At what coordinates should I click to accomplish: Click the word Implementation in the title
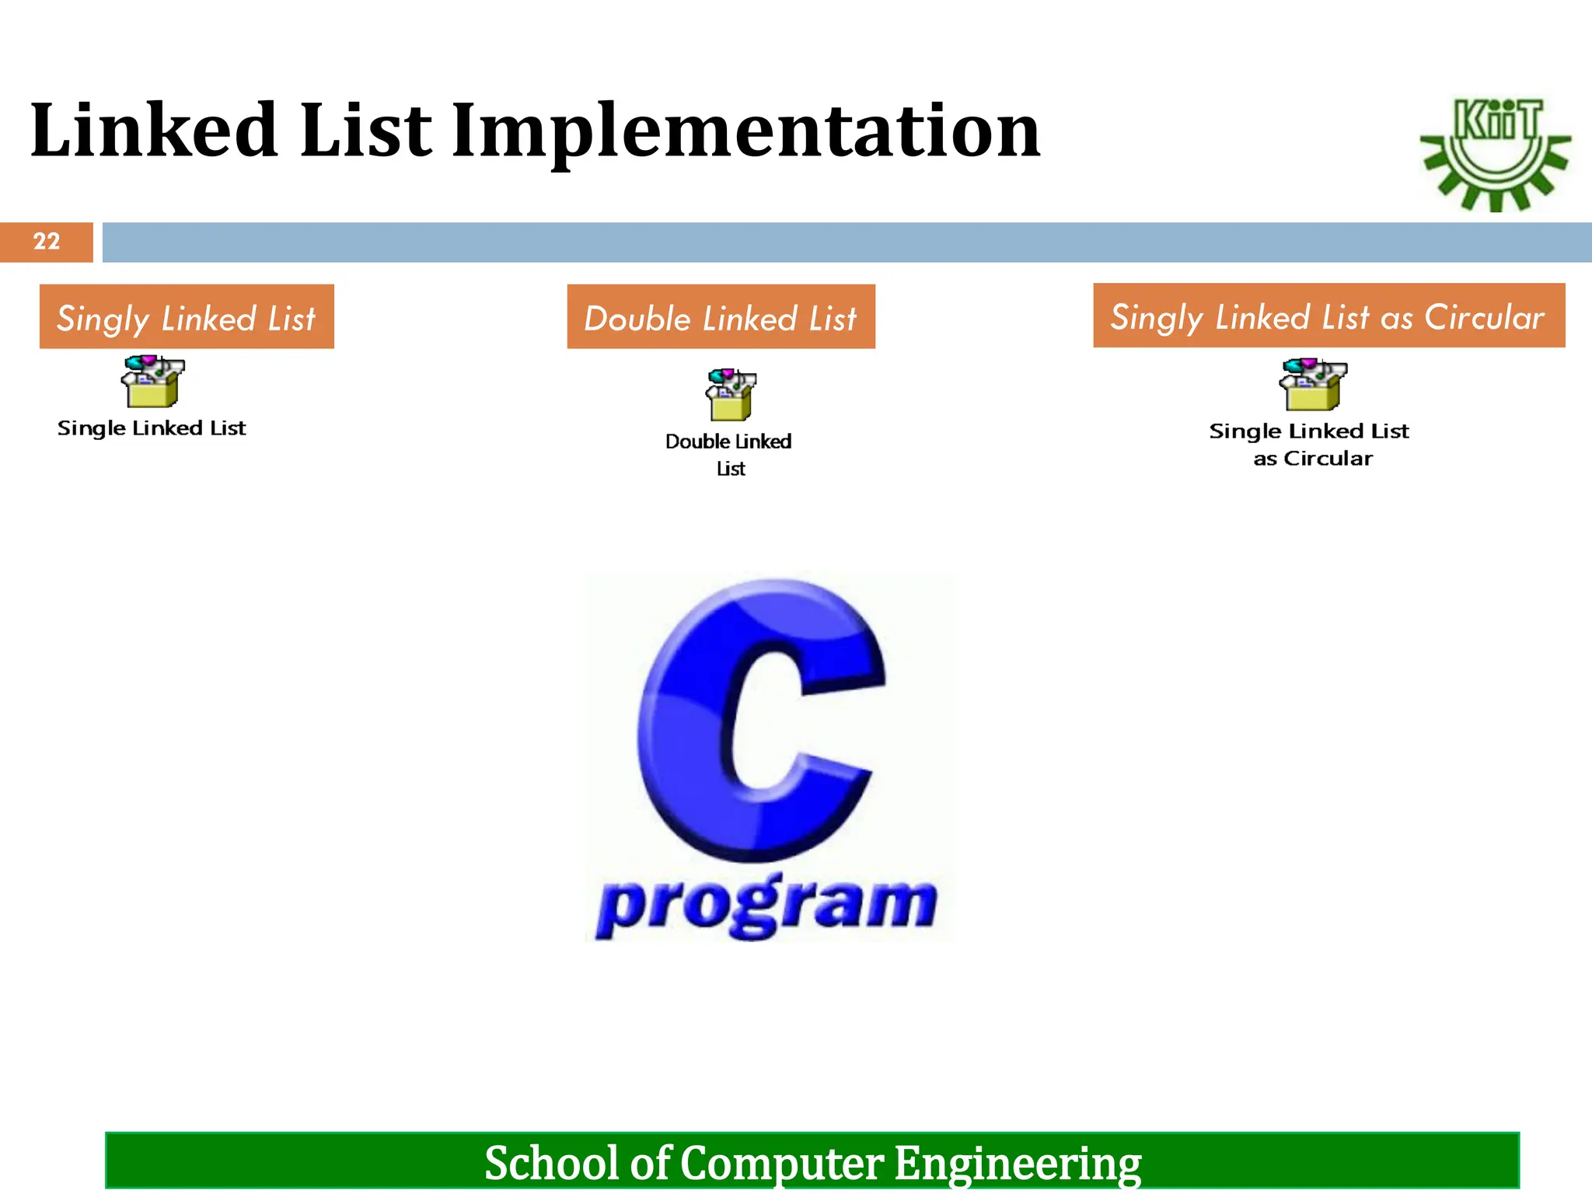pyautogui.click(x=745, y=132)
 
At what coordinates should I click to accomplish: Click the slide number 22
pyautogui.click(x=47, y=242)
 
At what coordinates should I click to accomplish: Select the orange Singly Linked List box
pyautogui.click(x=187, y=317)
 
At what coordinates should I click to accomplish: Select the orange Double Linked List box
pyautogui.click(x=721, y=317)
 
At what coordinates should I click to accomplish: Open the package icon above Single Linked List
pyautogui.click(x=152, y=382)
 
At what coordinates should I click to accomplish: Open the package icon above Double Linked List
pyautogui.click(x=730, y=395)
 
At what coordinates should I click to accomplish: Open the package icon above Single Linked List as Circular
pyautogui.click(x=1313, y=384)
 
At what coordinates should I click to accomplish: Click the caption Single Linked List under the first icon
pyautogui.click(x=152, y=428)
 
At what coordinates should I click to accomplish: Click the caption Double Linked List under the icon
pyautogui.click(x=728, y=454)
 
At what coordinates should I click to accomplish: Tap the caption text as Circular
pyautogui.click(x=1313, y=459)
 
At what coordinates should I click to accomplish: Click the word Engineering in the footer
pyautogui.click(x=1017, y=1163)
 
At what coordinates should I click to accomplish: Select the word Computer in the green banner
pyautogui.click(x=781, y=1163)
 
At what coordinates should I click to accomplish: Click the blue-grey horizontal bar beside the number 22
pyautogui.click(x=846, y=243)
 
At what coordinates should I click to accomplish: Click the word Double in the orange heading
pyautogui.click(x=637, y=319)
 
